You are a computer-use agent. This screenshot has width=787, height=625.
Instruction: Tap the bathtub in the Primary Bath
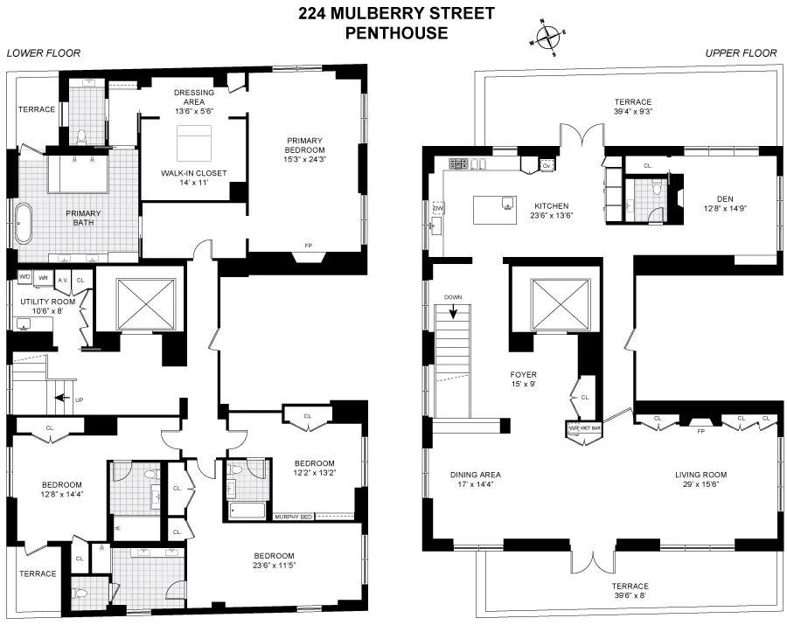pyautogui.click(x=22, y=223)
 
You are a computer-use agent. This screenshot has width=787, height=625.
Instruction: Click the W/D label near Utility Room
pyautogui.click(x=24, y=277)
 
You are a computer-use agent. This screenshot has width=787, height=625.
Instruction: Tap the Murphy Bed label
pyautogui.click(x=293, y=516)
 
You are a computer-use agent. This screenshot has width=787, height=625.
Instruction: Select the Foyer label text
pyautogui.click(x=524, y=375)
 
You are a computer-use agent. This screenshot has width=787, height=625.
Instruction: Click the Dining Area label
pyautogui.click(x=476, y=476)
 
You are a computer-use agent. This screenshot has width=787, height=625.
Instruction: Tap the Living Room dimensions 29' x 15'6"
pyautogui.click(x=701, y=487)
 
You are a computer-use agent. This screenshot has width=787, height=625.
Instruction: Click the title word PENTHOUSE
pyautogui.click(x=396, y=34)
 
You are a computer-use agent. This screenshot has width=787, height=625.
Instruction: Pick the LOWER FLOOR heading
pyautogui.click(x=44, y=53)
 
